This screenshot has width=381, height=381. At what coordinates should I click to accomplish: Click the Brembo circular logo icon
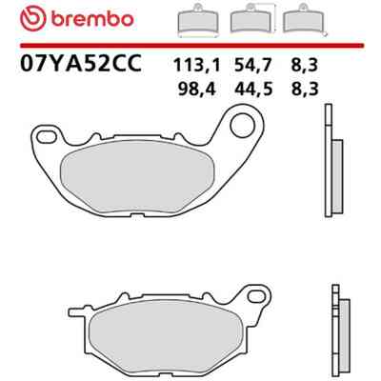(x=33, y=18)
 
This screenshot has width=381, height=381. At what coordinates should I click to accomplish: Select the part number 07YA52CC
(x=81, y=63)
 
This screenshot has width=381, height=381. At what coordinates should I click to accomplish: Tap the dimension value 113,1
(x=196, y=66)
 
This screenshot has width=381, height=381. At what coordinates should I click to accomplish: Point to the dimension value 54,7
(x=253, y=66)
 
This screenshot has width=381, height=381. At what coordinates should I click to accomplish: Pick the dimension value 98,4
(x=197, y=89)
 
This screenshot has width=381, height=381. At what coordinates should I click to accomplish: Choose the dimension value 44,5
(x=253, y=89)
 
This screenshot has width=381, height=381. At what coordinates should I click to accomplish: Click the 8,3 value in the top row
(x=304, y=66)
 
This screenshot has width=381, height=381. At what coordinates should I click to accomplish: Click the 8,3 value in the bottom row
(x=304, y=89)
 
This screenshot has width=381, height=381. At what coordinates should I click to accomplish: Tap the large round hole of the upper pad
(x=242, y=126)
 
